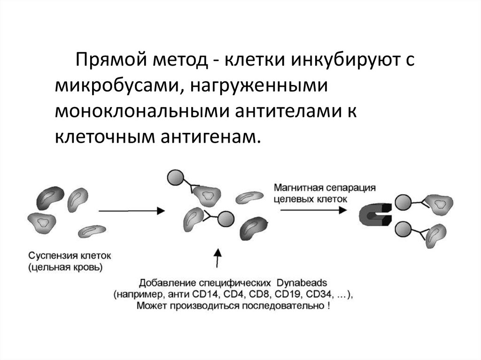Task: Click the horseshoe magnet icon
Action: click(374, 215)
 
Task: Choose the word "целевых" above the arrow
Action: click(292, 198)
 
